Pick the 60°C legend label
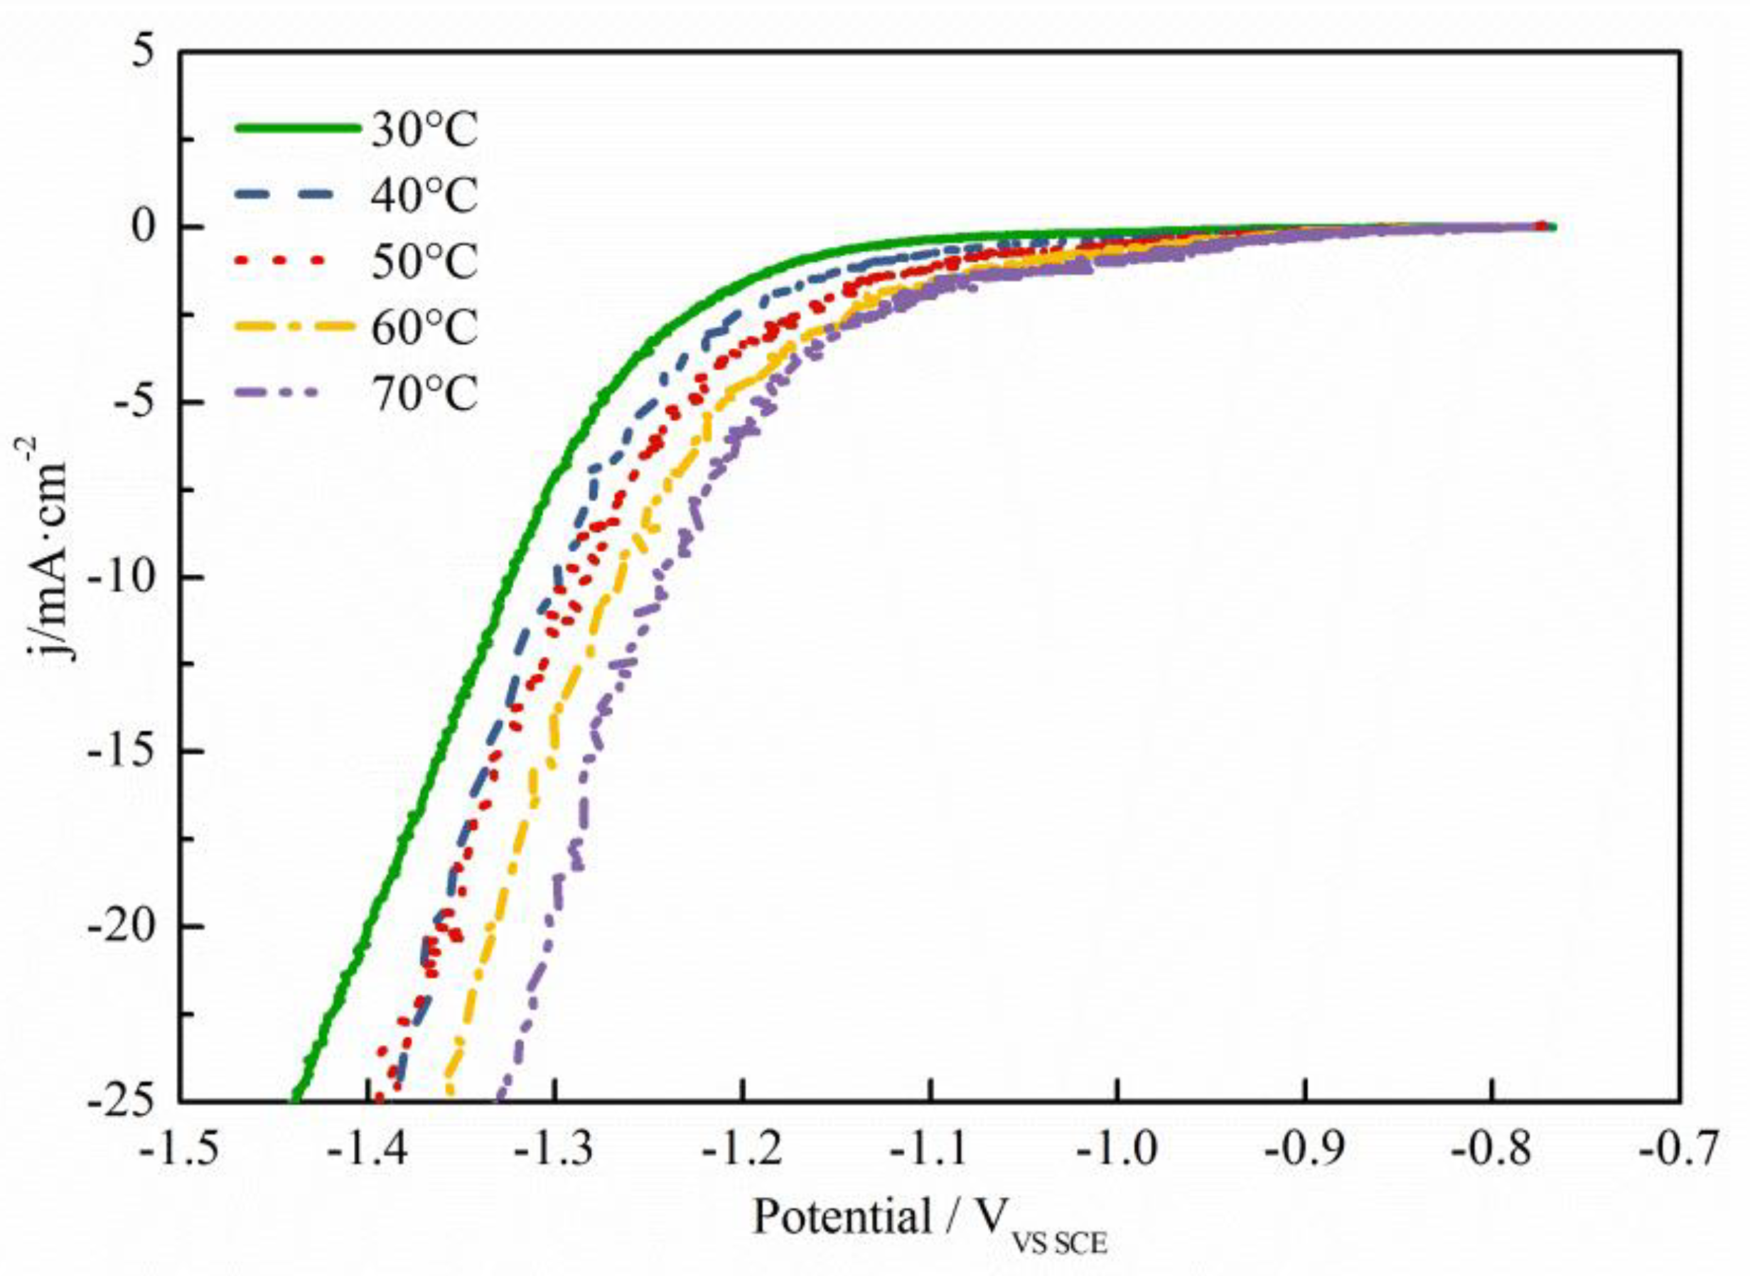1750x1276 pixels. [x=424, y=328]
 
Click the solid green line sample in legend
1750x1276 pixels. [x=297, y=128]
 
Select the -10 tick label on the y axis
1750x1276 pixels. [x=124, y=577]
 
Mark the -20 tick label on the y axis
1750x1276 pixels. [x=124, y=926]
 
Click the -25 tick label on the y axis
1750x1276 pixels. [x=124, y=1101]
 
